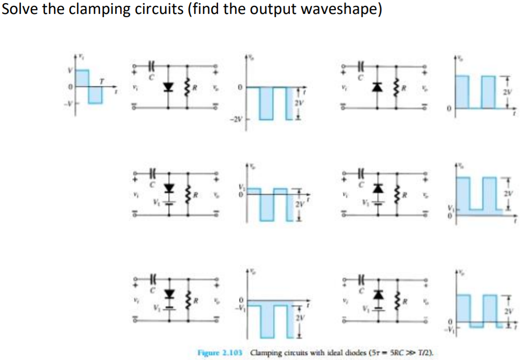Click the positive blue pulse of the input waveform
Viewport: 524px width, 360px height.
(x=82, y=78)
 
